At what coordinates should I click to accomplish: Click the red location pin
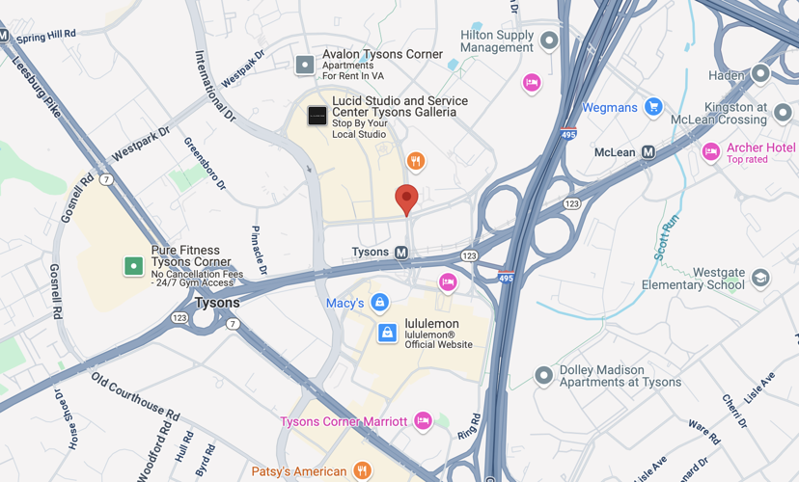tap(407, 198)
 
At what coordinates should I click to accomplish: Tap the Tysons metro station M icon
tap(401, 253)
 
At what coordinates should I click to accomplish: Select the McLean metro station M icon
tap(649, 152)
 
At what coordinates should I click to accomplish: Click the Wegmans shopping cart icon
tap(653, 107)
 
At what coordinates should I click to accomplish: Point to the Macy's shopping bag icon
tap(379, 304)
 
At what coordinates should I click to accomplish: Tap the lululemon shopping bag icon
tap(387, 334)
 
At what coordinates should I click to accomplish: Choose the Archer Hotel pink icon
tap(711, 151)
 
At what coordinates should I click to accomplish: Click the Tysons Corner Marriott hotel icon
tap(422, 420)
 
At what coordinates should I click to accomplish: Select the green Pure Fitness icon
tap(133, 265)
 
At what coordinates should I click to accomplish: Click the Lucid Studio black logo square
tap(317, 117)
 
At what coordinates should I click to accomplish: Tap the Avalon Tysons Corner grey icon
tap(305, 65)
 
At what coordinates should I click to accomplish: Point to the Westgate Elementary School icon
tap(760, 279)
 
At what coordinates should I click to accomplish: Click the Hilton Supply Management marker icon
tap(549, 40)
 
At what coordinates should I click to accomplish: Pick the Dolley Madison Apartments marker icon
tap(544, 375)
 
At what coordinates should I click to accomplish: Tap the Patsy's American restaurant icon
tap(362, 470)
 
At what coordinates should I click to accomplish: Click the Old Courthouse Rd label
tap(135, 396)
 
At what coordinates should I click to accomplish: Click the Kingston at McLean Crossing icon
tap(783, 113)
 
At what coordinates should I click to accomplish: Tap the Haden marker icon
tap(760, 74)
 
